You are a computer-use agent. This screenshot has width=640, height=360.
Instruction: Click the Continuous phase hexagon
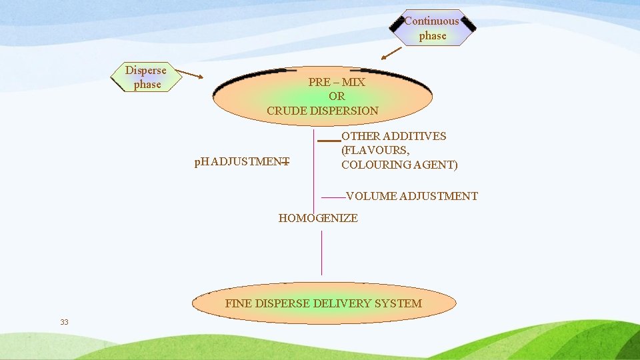click(x=432, y=28)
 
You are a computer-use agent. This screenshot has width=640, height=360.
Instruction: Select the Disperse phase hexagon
click(x=146, y=77)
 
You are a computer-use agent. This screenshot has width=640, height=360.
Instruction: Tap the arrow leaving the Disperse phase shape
click(x=192, y=75)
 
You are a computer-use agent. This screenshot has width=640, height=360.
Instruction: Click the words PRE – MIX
click(x=337, y=82)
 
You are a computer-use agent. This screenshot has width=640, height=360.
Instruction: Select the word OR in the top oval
click(x=337, y=97)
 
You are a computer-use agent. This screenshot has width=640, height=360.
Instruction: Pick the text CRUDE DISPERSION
click(x=323, y=111)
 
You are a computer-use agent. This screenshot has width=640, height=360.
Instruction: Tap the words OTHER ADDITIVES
click(x=394, y=136)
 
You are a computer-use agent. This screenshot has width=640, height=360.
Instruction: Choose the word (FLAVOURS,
click(x=375, y=150)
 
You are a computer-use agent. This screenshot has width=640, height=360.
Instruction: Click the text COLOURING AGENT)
click(x=399, y=165)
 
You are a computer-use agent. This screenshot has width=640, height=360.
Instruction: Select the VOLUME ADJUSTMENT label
click(x=412, y=196)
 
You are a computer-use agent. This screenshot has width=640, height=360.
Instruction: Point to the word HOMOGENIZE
click(x=318, y=218)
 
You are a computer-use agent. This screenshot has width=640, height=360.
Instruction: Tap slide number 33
click(x=64, y=322)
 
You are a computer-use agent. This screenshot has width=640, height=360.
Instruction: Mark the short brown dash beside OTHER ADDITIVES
click(x=329, y=141)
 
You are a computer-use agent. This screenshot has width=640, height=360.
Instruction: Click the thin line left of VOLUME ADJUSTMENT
click(x=333, y=197)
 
